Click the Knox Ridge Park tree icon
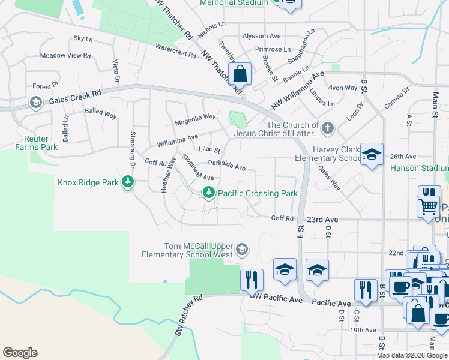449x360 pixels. (x=127, y=181)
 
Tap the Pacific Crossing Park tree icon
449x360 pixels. (x=208, y=193)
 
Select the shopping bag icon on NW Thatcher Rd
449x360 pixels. (x=240, y=74)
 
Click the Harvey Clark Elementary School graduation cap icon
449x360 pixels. (x=372, y=155)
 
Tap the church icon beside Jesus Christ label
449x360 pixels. (x=327, y=127)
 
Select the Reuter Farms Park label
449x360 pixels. (x=36, y=143)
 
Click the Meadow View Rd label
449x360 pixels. (x=65, y=56)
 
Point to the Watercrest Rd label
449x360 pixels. (x=176, y=50)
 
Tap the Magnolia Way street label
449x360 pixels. (x=195, y=119)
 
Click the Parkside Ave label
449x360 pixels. (x=226, y=165)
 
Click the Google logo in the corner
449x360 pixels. (x=20, y=353)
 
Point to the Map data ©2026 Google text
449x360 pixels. (x=411, y=355)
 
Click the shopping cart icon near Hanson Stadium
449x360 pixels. (x=428, y=206)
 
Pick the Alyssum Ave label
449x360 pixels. (x=261, y=37)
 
